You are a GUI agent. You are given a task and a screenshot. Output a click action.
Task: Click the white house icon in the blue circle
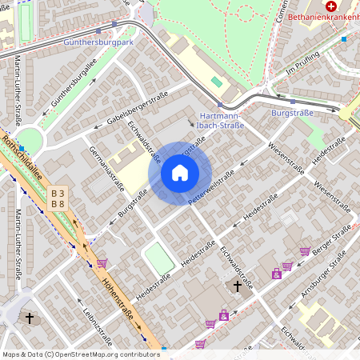click(180, 173)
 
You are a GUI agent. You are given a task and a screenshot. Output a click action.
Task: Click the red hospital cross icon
click(330, 5)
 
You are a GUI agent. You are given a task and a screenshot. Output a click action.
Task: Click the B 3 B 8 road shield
click(58, 198)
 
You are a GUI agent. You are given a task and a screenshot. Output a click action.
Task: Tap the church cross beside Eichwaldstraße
click(237, 286)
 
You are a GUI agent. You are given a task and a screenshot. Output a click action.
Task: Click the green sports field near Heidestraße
click(160, 258)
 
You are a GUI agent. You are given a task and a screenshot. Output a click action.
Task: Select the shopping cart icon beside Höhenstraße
click(102, 262)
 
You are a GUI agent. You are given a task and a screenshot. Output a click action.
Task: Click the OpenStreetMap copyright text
click(70, 354)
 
